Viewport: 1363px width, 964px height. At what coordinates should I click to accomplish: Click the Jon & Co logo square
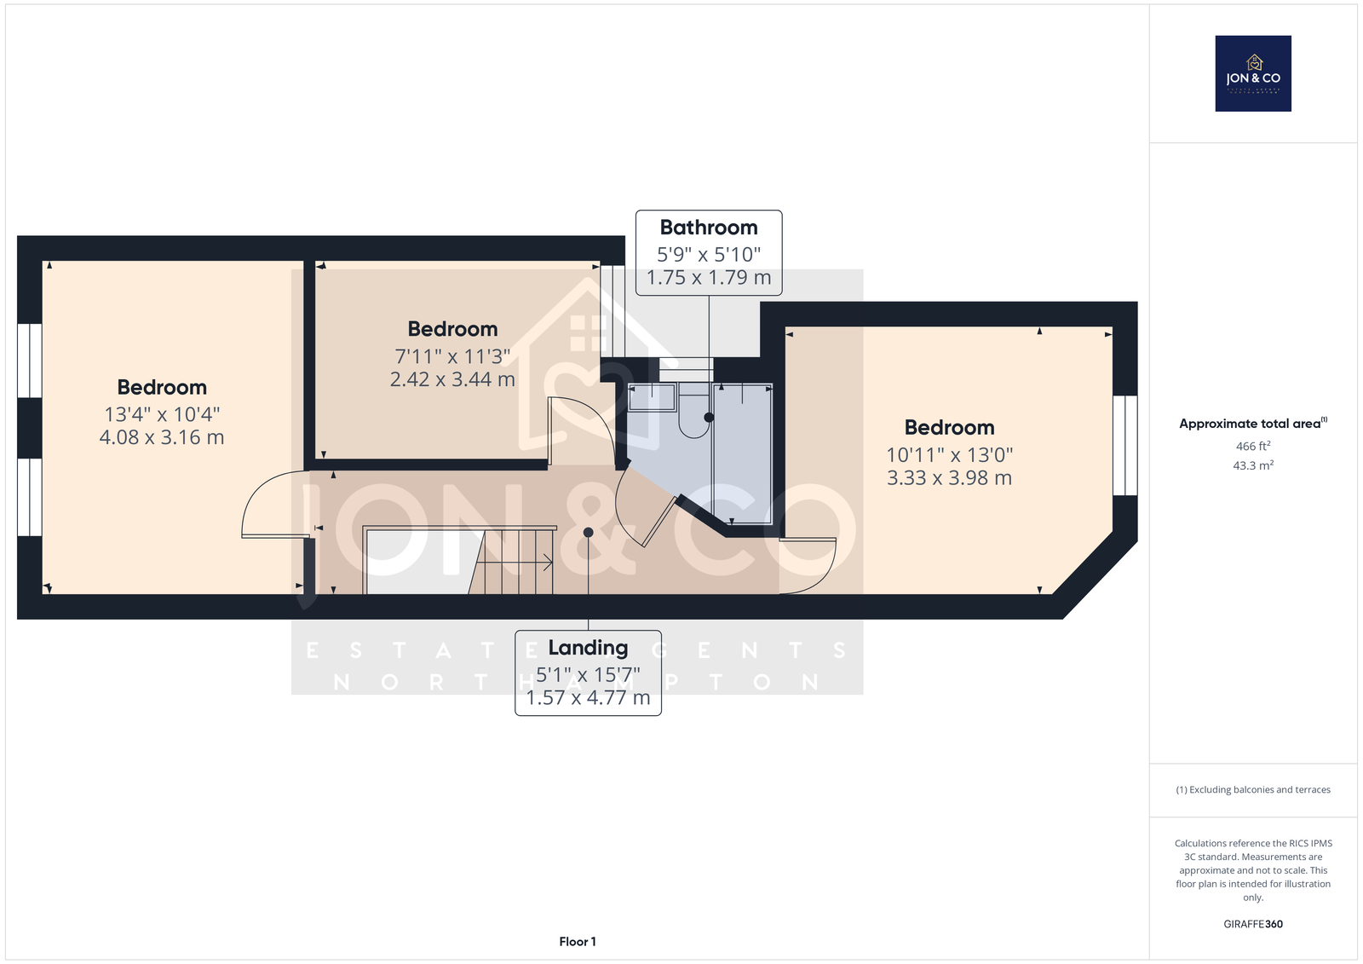pyautogui.click(x=1253, y=73)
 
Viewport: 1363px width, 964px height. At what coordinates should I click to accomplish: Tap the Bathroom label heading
pyautogui.click(x=709, y=228)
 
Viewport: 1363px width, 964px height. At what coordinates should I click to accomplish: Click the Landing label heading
pyautogui.click(x=588, y=648)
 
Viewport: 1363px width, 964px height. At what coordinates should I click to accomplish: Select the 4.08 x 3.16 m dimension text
pyautogui.click(x=162, y=437)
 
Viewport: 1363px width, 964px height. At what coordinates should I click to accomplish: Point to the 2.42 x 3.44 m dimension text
pyautogui.click(x=452, y=379)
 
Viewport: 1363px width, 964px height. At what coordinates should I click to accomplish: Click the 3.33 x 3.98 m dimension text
pyautogui.click(x=949, y=478)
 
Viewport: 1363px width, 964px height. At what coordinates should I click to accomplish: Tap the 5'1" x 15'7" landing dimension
pyautogui.click(x=588, y=675)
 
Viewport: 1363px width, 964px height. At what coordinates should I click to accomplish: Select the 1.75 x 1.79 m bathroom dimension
pyautogui.click(x=709, y=278)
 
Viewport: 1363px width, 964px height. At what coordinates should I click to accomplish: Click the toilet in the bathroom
pyautogui.click(x=694, y=411)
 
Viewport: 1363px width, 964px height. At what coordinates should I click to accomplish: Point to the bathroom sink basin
pyautogui.click(x=652, y=397)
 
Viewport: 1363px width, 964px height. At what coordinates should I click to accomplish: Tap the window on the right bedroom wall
pyautogui.click(x=1125, y=446)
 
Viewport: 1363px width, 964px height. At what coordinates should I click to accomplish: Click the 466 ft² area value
pyautogui.click(x=1253, y=447)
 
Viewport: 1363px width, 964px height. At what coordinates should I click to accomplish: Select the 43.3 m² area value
pyautogui.click(x=1253, y=466)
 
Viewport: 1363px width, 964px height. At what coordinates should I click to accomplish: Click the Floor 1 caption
pyautogui.click(x=578, y=942)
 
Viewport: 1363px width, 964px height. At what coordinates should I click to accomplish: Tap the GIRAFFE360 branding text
pyautogui.click(x=1253, y=924)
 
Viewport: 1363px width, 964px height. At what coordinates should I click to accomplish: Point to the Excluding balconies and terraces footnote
pyautogui.click(x=1253, y=790)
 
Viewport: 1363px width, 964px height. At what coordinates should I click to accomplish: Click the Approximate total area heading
pyautogui.click(x=1253, y=424)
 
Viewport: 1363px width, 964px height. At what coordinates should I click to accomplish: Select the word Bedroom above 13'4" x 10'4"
pyautogui.click(x=162, y=387)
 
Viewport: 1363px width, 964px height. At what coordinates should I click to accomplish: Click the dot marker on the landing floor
pyautogui.click(x=589, y=533)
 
